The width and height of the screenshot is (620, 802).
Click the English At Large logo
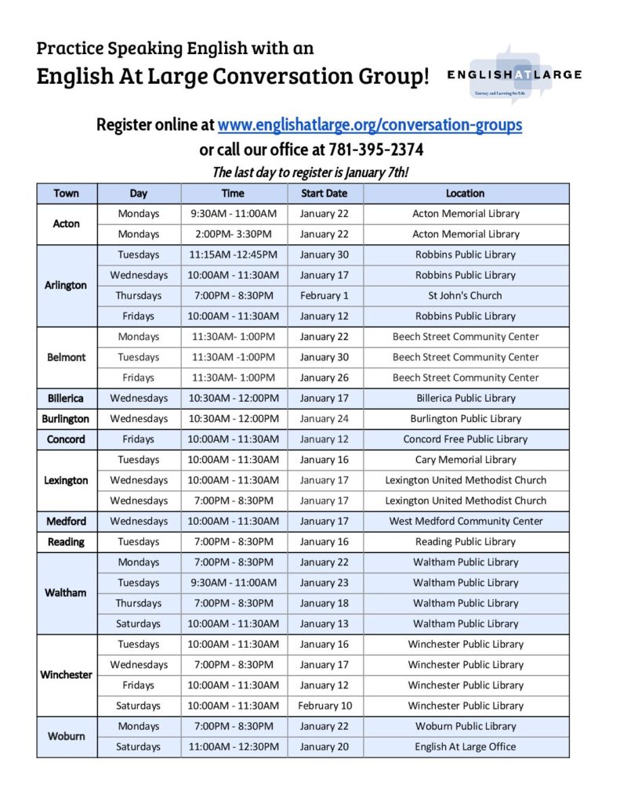click(513, 75)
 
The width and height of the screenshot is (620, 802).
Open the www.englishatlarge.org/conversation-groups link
click(369, 125)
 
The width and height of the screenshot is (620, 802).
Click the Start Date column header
click(324, 193)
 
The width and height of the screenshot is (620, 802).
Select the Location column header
click(466, 193)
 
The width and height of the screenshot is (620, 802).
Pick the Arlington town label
click(66, 285)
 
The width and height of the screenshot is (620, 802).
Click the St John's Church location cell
click(466, 296)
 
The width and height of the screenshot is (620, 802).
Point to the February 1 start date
click(324, 296)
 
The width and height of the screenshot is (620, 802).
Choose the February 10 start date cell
click(325, 706)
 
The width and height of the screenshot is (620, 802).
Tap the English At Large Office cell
click(466, 747)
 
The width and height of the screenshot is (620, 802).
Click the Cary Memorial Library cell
click(466, 460)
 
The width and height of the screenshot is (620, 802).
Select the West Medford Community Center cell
click(466, 522)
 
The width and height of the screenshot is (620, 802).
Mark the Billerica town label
click(66, 398)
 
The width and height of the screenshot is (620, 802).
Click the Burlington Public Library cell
click(466, 419)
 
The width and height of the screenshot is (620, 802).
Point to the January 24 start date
click(324, 419)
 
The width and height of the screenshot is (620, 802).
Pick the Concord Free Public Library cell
click(466, 439)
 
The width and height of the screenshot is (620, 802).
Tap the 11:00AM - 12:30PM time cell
click(233, 747)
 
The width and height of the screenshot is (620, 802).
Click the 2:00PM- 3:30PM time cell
click(233, 234)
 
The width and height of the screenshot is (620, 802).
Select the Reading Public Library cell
click(466, 542)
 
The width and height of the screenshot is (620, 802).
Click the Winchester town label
click(66, 675)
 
